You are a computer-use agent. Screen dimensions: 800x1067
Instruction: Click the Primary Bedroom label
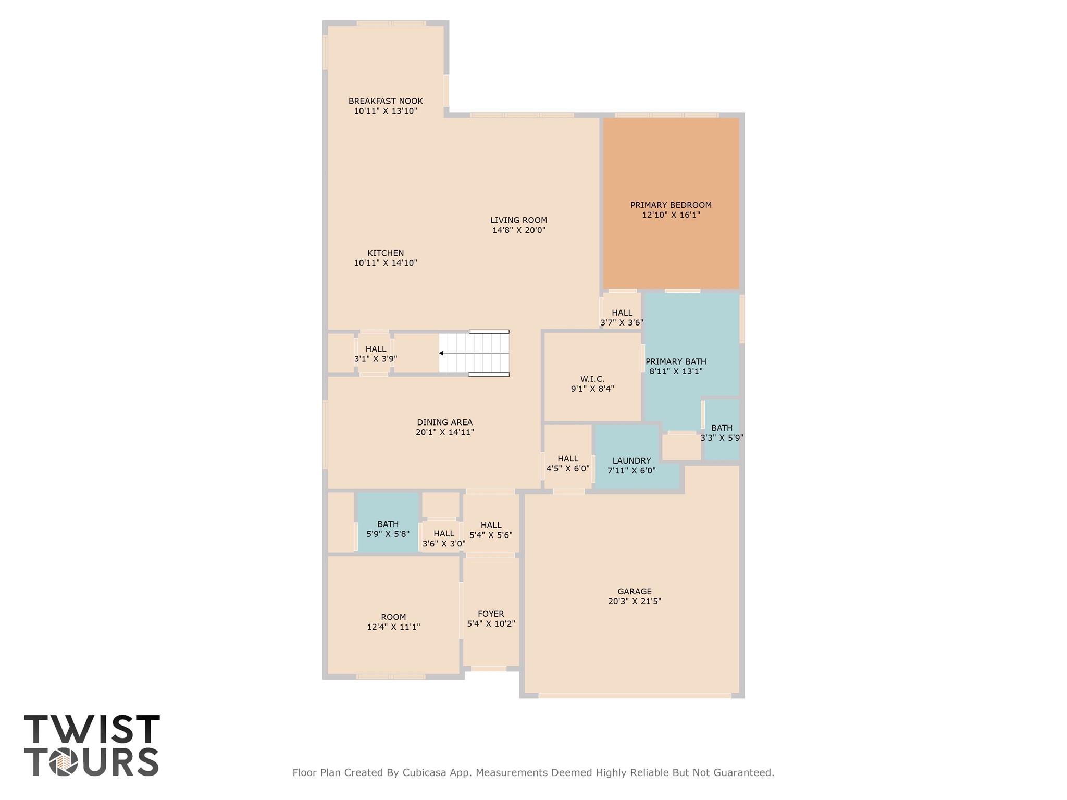[x=671, y=205]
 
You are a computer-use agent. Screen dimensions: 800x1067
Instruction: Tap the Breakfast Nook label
[x=386, y=101]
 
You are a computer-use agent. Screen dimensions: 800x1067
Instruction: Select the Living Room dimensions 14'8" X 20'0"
[x=518, y=230]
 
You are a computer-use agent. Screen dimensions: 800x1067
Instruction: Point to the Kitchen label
[x=386, y=253]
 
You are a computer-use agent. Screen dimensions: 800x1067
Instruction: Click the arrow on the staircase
[x=441, y=353]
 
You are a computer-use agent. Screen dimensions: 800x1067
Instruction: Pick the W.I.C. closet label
[x=592, y=379]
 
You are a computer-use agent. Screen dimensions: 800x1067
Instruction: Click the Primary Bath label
[x=676, y=361]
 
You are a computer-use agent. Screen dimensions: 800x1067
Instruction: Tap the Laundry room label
[x=631, y=461]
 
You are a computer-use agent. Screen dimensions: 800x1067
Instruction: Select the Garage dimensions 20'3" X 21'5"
[x=635, y=601]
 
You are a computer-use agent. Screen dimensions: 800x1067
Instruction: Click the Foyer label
[x=491, y=614]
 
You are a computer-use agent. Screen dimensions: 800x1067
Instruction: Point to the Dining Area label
[x=444, y=422]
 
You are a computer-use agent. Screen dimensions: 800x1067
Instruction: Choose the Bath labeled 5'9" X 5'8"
[x=388, y=524]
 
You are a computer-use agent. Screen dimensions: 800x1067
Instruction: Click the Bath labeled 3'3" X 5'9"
[x=722, y=428]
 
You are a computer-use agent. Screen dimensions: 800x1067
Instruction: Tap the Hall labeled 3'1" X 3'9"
[x=376, y=349]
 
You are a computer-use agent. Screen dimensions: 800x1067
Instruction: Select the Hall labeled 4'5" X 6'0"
[x=568, y=459]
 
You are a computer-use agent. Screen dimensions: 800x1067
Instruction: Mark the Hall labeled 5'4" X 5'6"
[x=491, y=525]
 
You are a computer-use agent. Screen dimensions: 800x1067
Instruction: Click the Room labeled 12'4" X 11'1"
[x=393, y=617]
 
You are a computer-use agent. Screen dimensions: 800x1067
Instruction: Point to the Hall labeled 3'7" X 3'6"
[x=622, y=313]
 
